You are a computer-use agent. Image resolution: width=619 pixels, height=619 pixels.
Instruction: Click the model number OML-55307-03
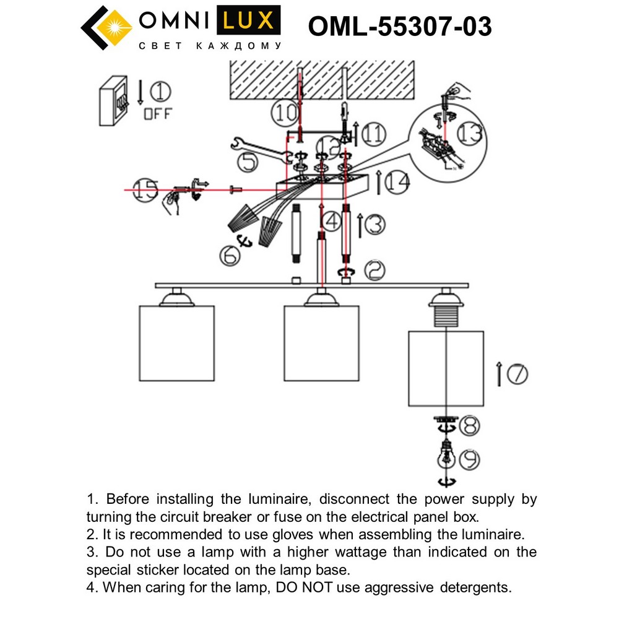[400, 27]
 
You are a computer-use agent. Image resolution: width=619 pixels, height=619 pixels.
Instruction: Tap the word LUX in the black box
[247, 22]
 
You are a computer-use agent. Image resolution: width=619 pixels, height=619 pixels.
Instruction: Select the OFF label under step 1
[158, 114]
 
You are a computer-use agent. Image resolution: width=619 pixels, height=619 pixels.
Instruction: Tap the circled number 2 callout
[374, 269]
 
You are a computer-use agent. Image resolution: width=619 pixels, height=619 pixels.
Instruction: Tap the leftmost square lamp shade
[176, 343]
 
